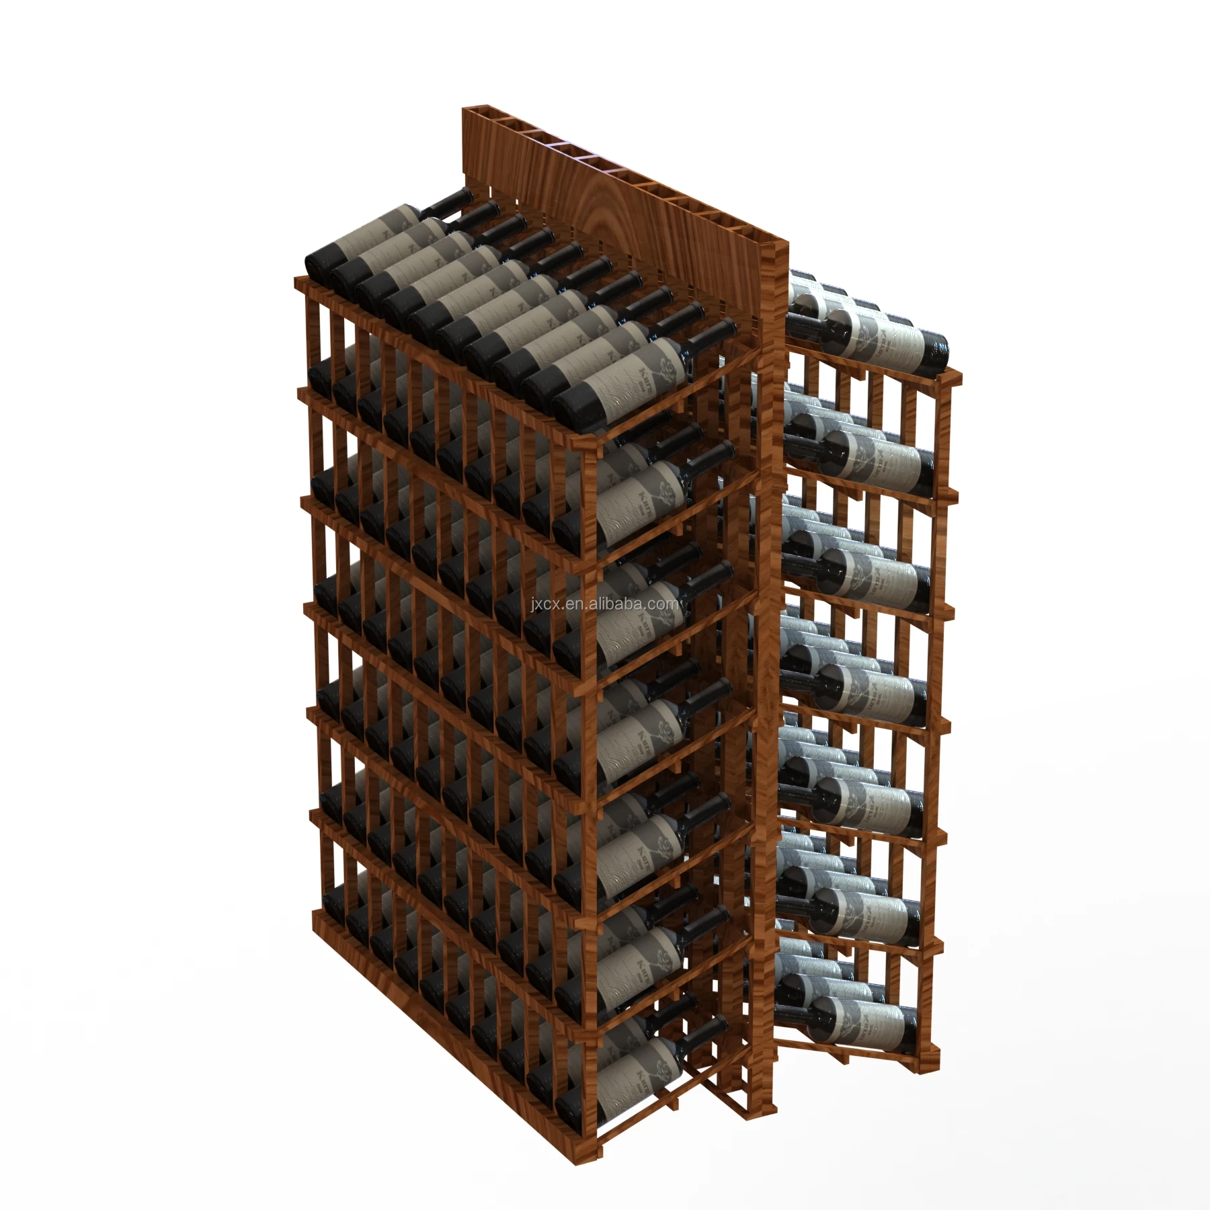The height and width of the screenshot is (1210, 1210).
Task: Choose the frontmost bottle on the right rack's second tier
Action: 881,457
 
